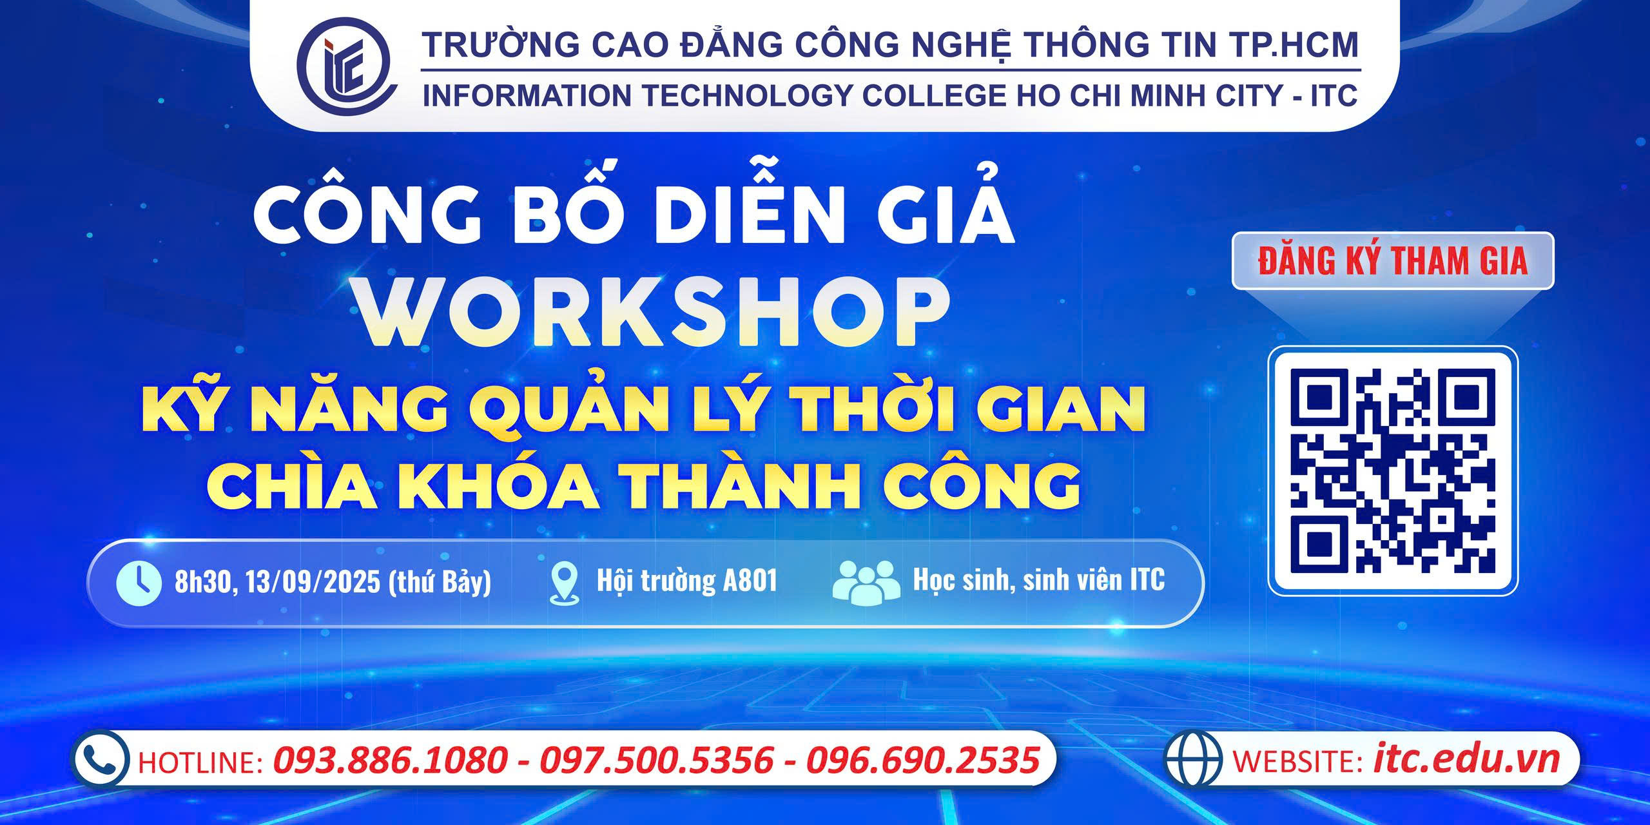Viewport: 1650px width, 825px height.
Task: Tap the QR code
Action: [1393, 471]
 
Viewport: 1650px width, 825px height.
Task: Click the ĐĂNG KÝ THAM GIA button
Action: [1393, 261]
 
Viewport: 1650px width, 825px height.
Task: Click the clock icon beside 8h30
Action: [138, 583]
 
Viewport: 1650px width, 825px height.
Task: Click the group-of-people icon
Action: [866, 582]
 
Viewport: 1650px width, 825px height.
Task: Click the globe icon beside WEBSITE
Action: [1194, 758]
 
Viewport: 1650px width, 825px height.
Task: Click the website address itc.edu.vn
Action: [1466, 759]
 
